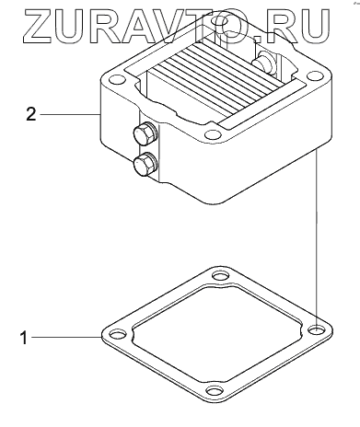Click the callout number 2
coord(31,114)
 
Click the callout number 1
coord(24,338)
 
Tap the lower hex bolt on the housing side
coord(145,164)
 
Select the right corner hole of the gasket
coord(316,329)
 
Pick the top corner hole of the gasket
coord(220,276)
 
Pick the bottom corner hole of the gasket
coord(215,391)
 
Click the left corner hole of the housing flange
coord(117,80)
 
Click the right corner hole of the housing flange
coord(313,76)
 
